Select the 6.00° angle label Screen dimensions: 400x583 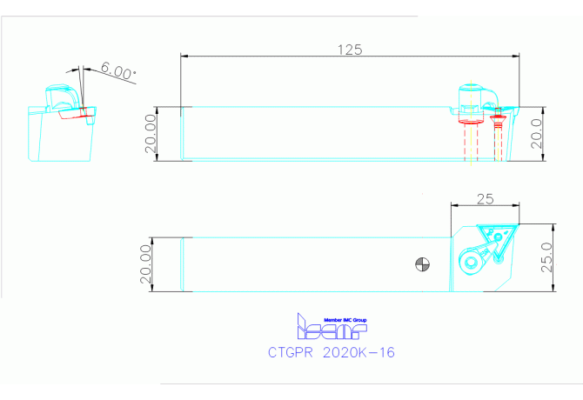(x=117, y=70)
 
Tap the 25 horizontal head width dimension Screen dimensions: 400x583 (x=485, y=198)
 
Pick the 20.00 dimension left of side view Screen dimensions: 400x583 (x=150, y=133)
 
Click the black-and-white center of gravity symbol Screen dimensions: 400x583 (x=422, y=263)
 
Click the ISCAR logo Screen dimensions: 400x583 (x=332, y=328)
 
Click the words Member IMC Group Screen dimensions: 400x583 (x=345, y=319)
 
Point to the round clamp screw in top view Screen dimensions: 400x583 (x=471, y=260)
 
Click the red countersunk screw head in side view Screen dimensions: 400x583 (x=498, y=118)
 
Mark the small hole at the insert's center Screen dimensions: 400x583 (x=496, y=235)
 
